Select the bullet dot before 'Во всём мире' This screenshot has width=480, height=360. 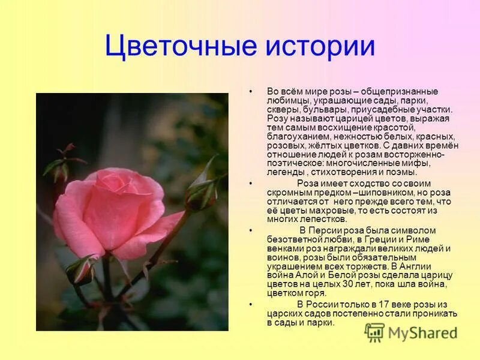pos(250,91)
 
